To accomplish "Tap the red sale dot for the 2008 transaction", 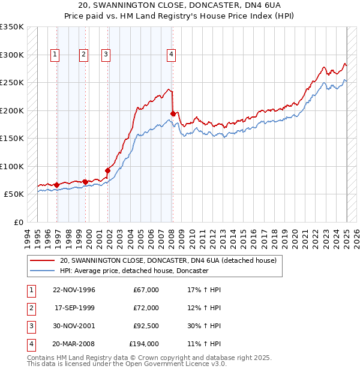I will pos(173,113).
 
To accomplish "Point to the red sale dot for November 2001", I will pos(108,170).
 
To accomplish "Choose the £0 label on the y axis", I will pos(18,223).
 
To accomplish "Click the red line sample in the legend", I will pos(42,261).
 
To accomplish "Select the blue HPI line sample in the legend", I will pos(42,271).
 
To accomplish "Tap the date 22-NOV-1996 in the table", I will pos(74,290).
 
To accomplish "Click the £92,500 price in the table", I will pos(144,326).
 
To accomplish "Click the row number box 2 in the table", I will pos(30,308).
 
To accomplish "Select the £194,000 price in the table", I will pos(144,344).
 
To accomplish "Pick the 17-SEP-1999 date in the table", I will pos(74,308).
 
